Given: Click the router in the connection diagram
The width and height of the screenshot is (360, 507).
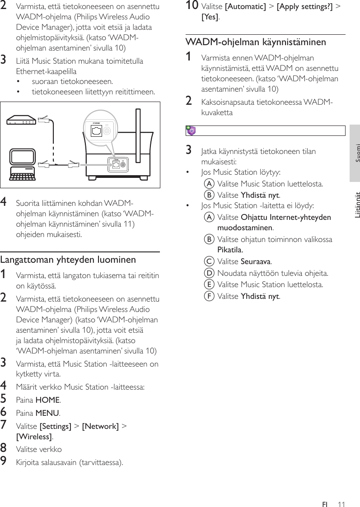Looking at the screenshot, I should pos(21,121).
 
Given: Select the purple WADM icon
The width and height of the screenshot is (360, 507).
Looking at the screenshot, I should pos(191,131).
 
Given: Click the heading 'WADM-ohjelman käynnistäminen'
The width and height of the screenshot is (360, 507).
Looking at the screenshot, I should pos(256,42).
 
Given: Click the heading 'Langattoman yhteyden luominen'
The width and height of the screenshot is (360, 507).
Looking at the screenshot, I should pos(68,260).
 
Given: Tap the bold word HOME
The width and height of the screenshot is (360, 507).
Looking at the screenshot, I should pos(47,400).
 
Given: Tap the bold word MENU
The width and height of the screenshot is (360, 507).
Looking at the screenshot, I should pos(47,413).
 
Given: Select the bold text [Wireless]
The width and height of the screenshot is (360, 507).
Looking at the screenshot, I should pos(34,437).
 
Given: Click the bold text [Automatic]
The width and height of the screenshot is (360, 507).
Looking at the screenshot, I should pos(245,7).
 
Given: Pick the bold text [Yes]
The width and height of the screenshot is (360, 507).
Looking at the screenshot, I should pos(210,18).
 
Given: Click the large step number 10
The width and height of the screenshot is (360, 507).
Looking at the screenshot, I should pos(192,6).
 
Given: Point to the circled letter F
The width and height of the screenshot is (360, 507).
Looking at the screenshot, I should pos(209,296).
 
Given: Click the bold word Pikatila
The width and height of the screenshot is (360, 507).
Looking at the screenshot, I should pos(230,249).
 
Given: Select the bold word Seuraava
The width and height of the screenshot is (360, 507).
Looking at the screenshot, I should pos(256,261).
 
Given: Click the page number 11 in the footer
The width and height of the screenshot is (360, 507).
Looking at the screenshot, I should pos(341,504).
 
